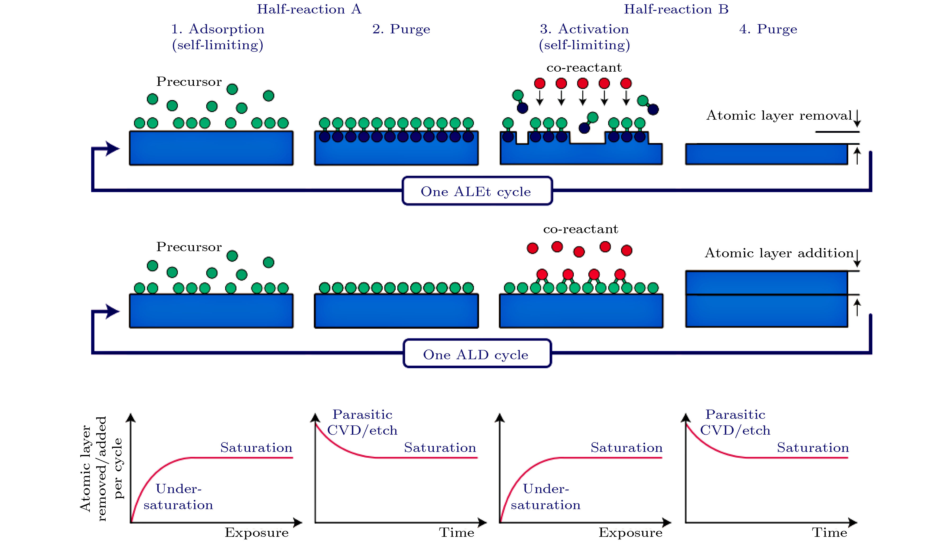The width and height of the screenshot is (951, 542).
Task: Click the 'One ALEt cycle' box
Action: (477, 191)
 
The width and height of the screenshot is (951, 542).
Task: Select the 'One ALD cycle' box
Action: (477, 354)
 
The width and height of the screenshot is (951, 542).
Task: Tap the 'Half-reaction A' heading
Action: (309, 9)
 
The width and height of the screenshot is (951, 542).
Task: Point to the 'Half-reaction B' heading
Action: (676, 9)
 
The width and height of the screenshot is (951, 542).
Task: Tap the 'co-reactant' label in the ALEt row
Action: (584, 68)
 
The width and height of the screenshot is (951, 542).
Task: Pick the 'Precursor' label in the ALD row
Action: (189, 247)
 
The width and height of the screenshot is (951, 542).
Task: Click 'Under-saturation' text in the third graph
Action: (546, 497)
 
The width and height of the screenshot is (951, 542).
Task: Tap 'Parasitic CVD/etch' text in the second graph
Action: (362, 423)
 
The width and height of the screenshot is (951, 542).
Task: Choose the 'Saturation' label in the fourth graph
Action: (813, 447)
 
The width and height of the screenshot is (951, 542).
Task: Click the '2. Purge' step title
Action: (401, 29)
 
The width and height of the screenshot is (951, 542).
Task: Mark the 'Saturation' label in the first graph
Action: (256, 447)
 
